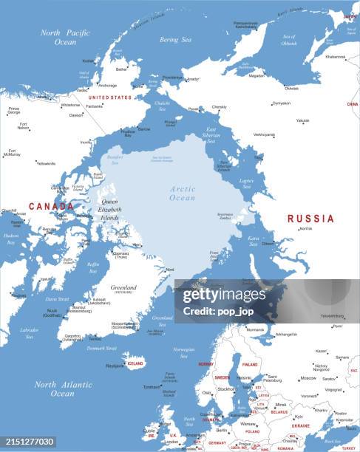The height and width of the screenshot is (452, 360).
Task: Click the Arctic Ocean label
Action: click(182, 194)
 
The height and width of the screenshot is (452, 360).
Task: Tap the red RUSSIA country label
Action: click(310, 219)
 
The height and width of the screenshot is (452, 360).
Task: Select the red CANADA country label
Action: click(51, 207)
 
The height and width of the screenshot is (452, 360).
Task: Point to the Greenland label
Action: click(123, 287)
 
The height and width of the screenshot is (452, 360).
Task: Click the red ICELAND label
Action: click(136, 363)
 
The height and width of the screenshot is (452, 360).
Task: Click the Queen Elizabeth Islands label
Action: click(110, 210)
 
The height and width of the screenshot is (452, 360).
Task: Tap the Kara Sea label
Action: click(254, 241)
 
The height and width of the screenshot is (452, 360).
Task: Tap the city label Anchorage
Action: click(108, 85)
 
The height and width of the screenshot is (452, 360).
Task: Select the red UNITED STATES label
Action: click(109, 97)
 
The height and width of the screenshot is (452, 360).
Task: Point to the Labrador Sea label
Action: click(30, 333)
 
